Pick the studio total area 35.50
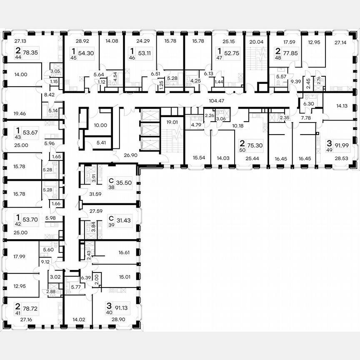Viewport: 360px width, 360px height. coord(125,182)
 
